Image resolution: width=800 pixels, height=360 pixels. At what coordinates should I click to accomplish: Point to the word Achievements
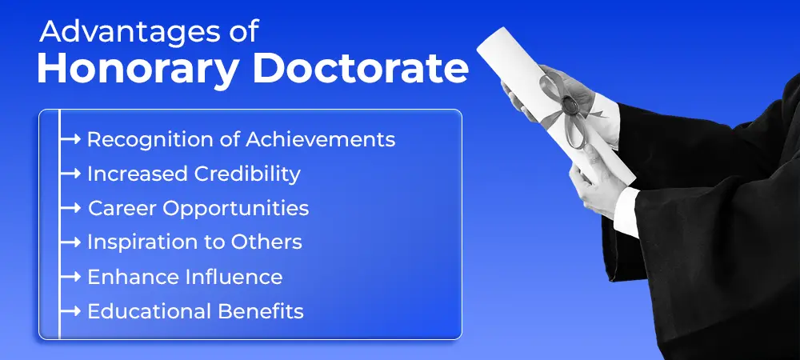321,139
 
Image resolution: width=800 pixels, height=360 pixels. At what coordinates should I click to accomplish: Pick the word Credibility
247,174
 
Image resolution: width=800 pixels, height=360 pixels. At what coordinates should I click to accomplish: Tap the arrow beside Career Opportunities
70,209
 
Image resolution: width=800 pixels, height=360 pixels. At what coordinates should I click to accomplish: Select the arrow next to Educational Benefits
70,311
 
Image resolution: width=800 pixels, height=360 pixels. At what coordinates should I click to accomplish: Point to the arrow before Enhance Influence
70,277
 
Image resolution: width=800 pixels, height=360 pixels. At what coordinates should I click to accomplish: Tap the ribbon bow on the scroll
566,105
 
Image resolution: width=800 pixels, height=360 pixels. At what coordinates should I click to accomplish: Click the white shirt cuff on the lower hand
626,211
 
